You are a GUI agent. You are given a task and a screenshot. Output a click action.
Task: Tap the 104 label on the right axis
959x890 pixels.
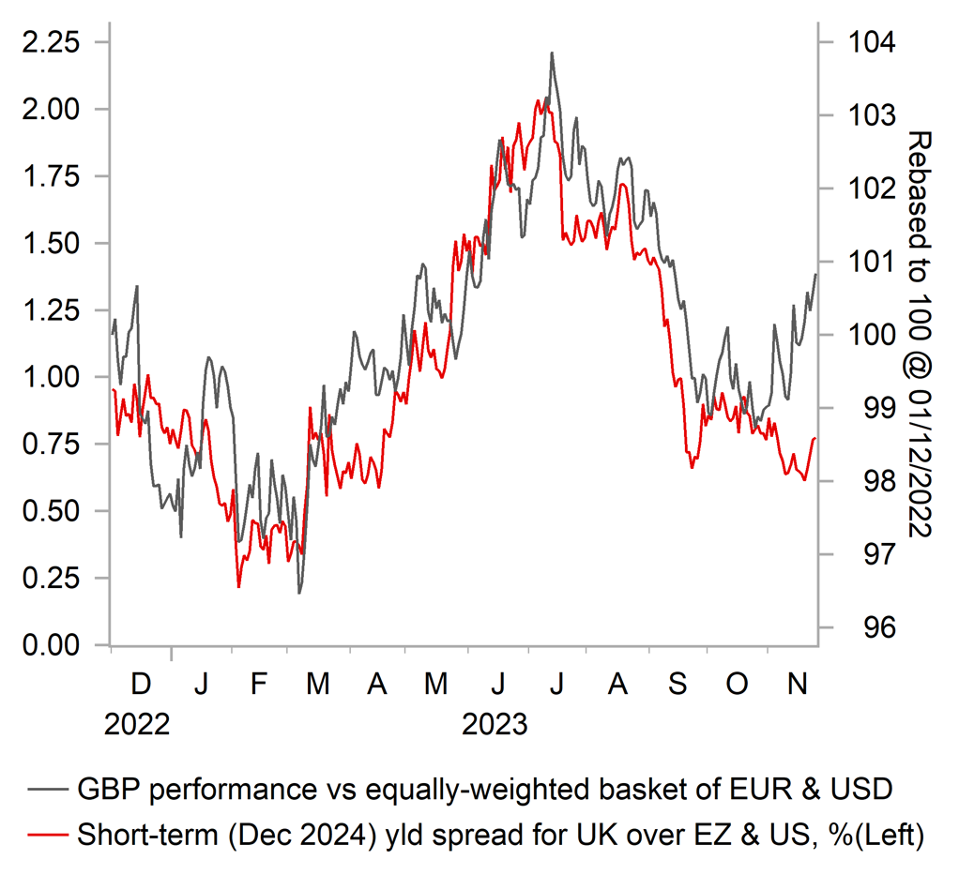872,43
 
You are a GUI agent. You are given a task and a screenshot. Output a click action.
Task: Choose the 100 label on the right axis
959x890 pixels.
872,335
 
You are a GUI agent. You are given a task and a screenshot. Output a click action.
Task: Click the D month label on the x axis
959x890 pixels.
141,685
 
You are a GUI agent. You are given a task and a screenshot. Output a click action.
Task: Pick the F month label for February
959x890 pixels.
260,685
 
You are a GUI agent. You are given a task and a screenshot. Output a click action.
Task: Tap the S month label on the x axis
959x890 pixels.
677,685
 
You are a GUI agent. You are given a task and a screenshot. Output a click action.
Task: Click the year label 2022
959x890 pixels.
138,725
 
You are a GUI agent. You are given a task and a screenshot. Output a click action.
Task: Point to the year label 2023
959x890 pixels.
495,725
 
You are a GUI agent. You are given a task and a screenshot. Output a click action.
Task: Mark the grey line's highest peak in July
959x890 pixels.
552,53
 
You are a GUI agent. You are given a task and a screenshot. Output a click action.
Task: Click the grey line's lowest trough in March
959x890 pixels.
299,593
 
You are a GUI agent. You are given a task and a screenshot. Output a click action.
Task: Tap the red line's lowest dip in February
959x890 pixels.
239,587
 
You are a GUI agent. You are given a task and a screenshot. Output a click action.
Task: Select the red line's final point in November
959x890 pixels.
814,438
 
